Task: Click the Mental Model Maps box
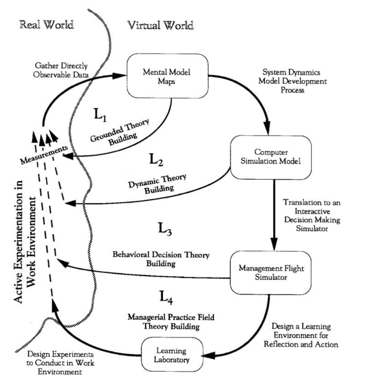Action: [x=167, y=76]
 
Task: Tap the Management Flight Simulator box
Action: [x=271, y=273]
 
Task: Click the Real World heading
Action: [x=47, y=25]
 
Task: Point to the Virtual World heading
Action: [x=160, y=25]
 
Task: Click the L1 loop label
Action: [x=100, y=115]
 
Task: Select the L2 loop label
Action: [x=156, y=159]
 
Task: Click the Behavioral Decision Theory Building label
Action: [x=161, y=259]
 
